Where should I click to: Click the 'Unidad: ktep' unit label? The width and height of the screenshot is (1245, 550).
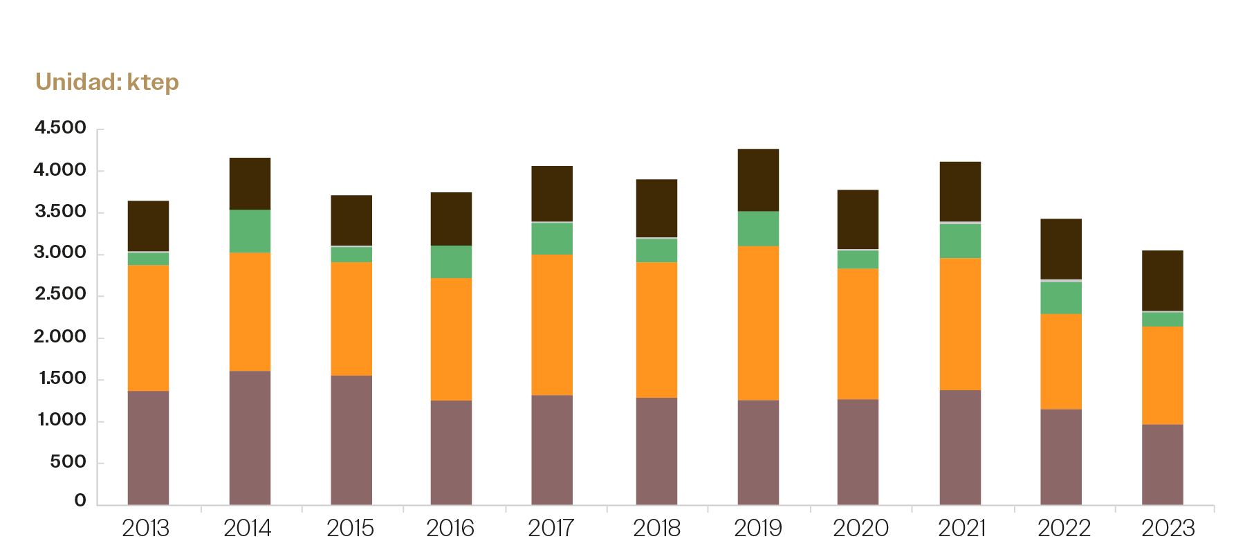107,82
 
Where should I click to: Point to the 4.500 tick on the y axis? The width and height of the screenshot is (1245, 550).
61,128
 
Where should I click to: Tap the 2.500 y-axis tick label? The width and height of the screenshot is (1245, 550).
61,295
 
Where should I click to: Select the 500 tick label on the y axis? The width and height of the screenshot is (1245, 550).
68,462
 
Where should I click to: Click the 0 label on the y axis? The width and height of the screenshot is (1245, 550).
80,501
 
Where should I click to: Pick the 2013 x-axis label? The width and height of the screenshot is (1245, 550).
146,529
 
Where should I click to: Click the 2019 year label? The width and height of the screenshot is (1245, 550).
757,529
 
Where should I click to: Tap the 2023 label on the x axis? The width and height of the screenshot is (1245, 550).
1168,529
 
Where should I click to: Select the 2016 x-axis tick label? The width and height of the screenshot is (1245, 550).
450,529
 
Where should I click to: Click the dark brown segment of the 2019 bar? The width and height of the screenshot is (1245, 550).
758,180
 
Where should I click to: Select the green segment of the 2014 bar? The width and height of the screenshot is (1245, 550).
250,231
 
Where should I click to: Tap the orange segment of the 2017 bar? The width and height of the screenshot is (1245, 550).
552,324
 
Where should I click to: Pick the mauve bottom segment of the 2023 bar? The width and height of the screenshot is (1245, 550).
1162,464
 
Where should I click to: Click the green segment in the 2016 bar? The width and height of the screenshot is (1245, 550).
451,262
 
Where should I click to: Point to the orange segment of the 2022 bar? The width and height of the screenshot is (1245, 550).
1060,361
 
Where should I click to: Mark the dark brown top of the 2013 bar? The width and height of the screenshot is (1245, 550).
148,226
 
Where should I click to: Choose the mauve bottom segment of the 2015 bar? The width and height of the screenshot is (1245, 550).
351,440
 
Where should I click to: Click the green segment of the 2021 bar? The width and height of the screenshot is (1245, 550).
960,241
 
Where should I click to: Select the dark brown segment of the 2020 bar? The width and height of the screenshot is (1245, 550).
858,219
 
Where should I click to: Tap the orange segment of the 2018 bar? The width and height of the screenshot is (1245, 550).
656,330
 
